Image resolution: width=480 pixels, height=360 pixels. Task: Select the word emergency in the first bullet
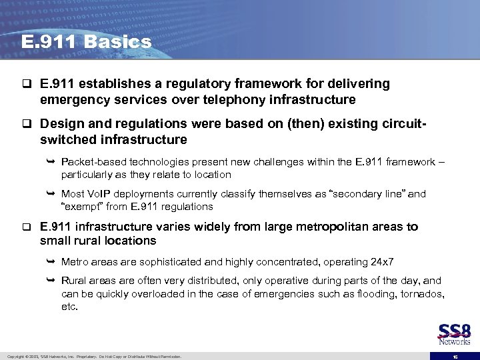(x=71, y=100)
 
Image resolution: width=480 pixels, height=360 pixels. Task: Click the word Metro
(x=73, y=262)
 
